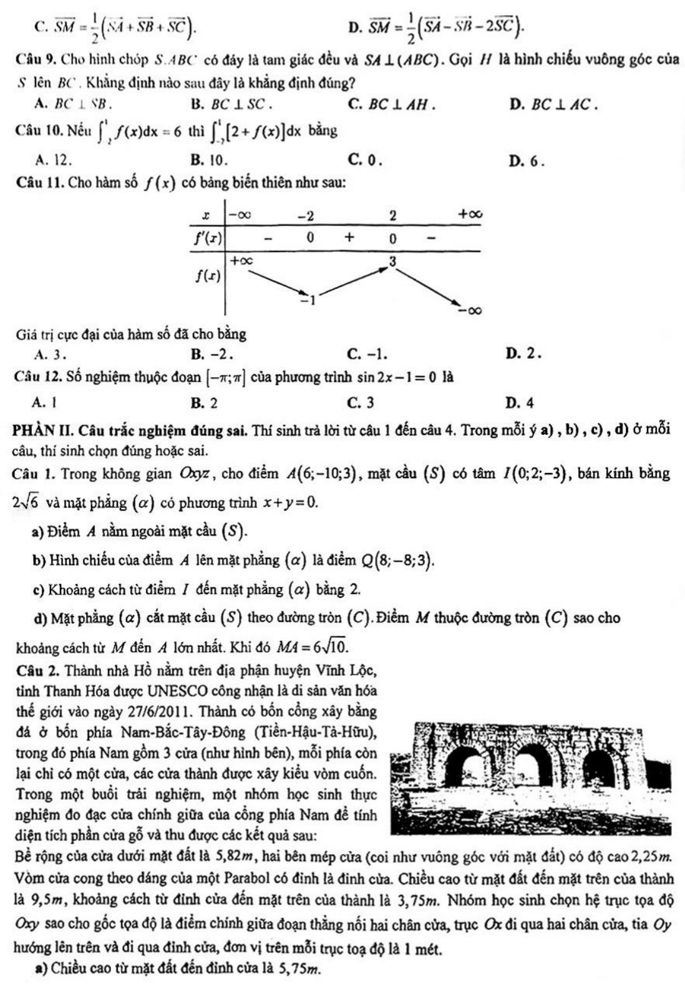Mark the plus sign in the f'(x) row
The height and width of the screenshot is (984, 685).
[x=349, y=237]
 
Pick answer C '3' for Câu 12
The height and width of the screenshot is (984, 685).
[x=362, y=403]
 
